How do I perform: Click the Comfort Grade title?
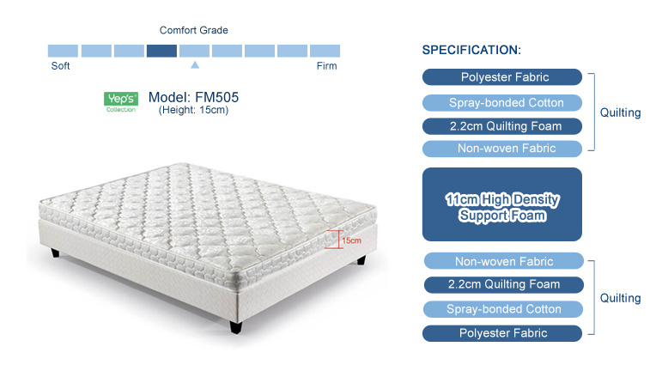coord(194,30)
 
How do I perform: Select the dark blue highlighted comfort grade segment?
coord(161,51)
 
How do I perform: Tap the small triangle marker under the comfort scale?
coord(195,64)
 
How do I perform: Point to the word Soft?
coord(60,65)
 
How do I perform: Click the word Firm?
coord(327,65)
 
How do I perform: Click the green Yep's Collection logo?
coord(121,102)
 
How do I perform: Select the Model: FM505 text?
coord(193,97)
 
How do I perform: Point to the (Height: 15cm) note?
coord(193,110)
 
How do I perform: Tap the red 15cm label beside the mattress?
coord(351,240)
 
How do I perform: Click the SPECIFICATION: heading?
coord(471,50)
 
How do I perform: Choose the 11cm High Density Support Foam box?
coord(502,204)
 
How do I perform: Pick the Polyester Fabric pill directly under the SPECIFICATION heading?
coord(502,77)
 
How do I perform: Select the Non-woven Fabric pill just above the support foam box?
coord(502,149)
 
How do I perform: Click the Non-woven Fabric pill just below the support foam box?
coord(504,261)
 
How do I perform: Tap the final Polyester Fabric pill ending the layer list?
coord(502,333)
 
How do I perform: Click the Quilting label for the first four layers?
coord(620,113)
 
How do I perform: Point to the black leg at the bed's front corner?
coord(235,326)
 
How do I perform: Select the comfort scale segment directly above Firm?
coord(325,51)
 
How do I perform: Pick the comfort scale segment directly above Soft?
coord(63,51)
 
